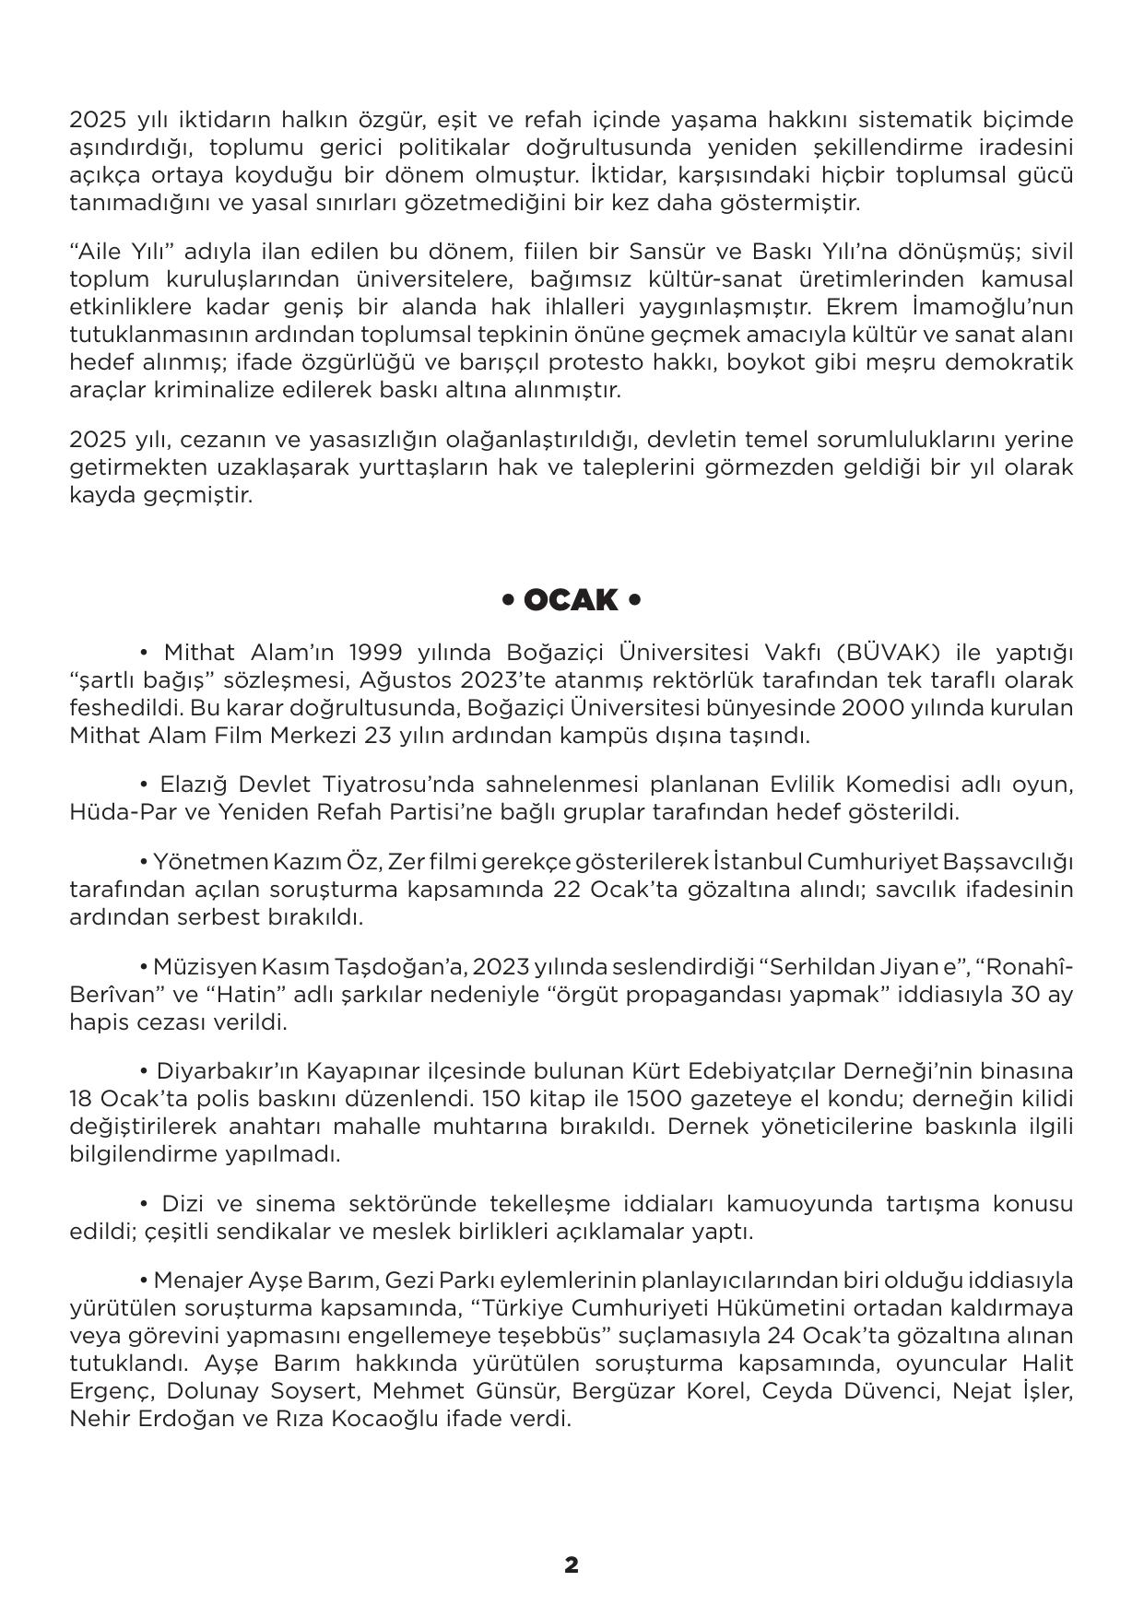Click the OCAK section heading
571,600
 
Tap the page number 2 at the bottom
572,1564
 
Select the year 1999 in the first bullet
375,653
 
